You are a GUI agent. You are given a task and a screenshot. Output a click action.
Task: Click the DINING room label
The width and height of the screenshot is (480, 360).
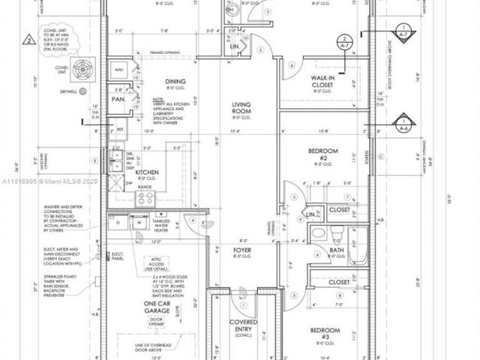(165, 82)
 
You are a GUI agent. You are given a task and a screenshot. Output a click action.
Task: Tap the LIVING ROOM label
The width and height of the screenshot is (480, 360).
(241, 109)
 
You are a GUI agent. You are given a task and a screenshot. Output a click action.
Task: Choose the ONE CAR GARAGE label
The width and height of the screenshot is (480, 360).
(160, 307)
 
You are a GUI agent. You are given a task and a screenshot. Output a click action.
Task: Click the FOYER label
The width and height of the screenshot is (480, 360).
(241, 251)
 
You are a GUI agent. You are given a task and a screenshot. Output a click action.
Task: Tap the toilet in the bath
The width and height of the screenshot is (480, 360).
(319, 233)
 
